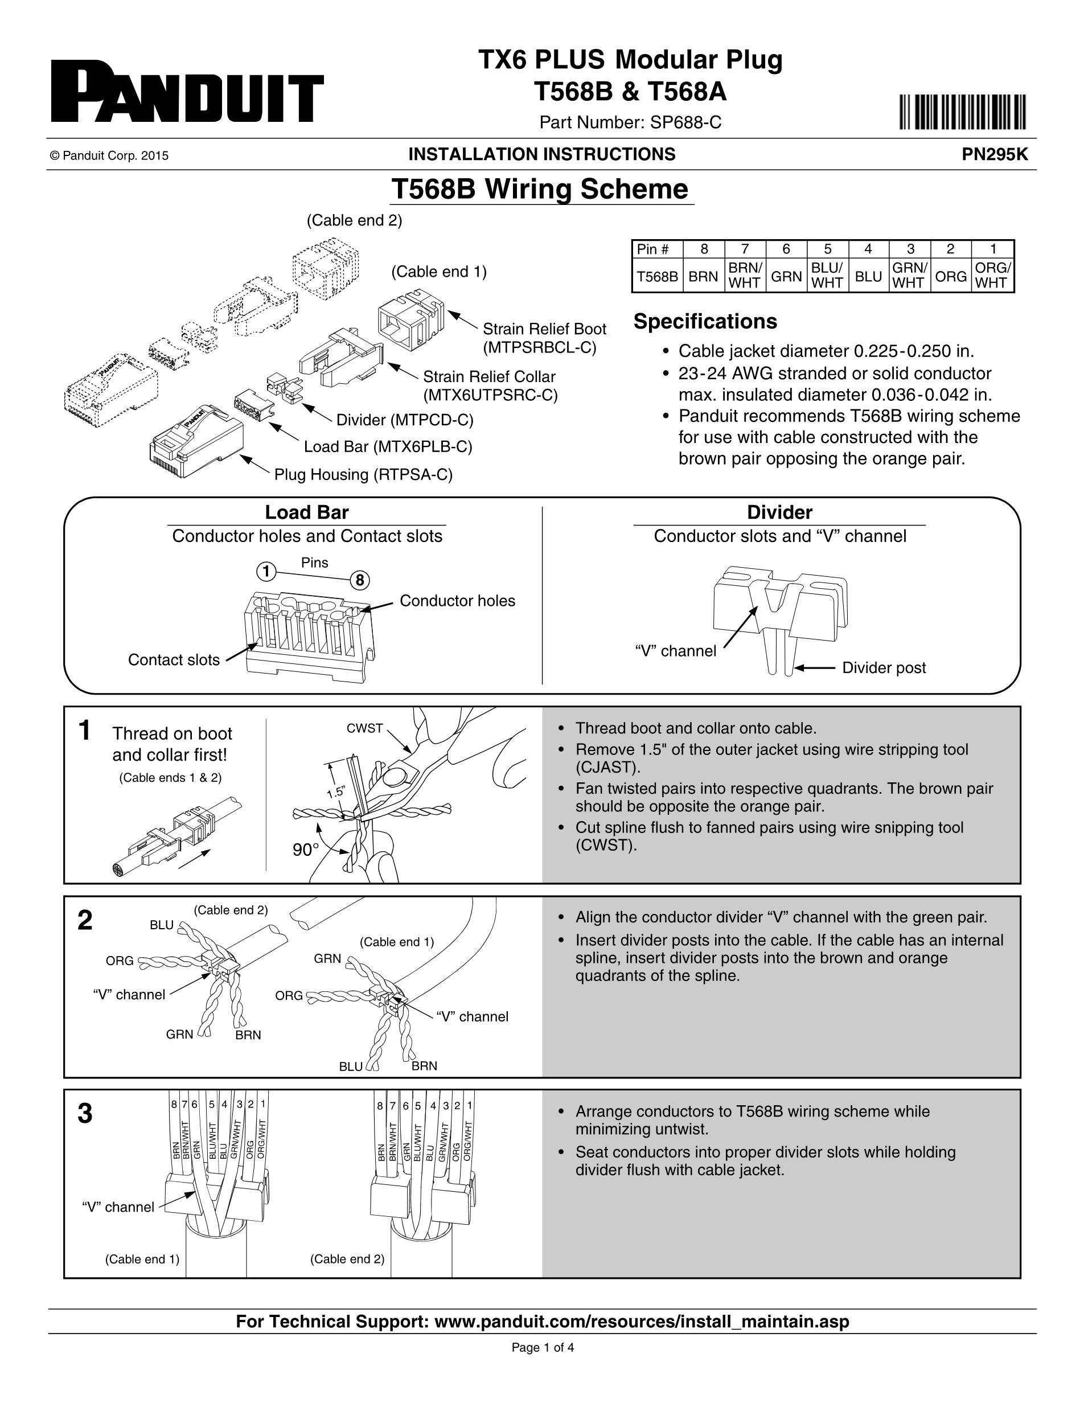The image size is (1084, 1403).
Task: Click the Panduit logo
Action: pyautogui.click(x=187, y=92)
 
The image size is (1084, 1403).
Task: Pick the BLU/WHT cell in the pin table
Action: pyautogui.click(x=827, y=276)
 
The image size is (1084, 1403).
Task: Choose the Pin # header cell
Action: pyautogui.click(x=656, y=249)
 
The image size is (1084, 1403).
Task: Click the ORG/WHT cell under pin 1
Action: pyautogui.click(x=992, y=276)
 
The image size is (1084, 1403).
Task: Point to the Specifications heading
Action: pyautogui.click(x=705, y=321)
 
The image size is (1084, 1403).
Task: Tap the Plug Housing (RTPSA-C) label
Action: pyautogui.click(x=363, y=475)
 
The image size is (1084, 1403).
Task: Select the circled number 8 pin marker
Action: pyautogui.click(x=360, y=581)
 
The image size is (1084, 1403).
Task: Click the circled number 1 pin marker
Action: pyautogui.click(x=266, y=571)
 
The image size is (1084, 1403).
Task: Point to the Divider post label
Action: pyautogui.click(x=884, y=667)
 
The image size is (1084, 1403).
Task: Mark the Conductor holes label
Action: pyautogui.click(x=457, y=601)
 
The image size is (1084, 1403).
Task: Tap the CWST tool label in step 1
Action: pyautogui.click(x=365, y=728)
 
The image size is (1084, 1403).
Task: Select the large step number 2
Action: pyautogui.click(x=85, y=921)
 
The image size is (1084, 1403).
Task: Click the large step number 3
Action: pyautogui.click(x=85, y=1114)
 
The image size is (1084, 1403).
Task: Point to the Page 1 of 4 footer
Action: pyautogui.click(x=542, y=1348)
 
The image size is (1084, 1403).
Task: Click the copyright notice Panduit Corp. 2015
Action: pyautogui.click(x=109, y=155)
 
